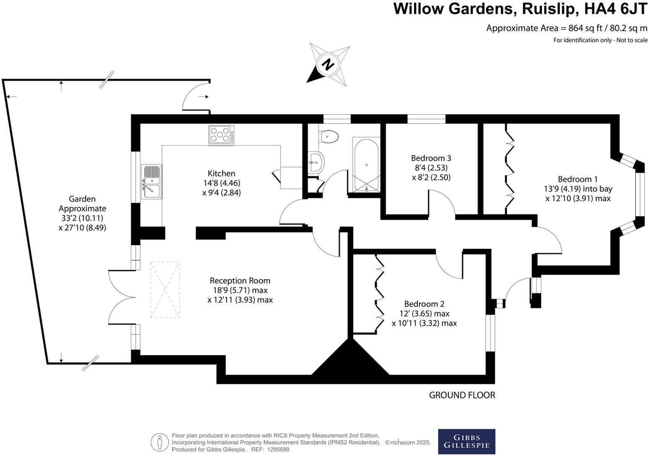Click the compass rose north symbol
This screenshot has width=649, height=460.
click(x=328, y=64)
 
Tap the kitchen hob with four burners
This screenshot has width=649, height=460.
click(x=221, y=135)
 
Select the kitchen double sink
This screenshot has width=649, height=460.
click(x=151, y=181)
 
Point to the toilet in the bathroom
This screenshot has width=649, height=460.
click(x=329, y=137)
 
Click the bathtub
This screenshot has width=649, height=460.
click(x=366, y=165)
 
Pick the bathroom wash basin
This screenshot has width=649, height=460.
click(x=316, y=162)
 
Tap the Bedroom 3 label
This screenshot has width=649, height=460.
click(x=431, y=158)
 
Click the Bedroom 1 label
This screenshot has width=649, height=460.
click(x=578, y=179)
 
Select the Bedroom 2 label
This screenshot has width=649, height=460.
click(x=424, y=304)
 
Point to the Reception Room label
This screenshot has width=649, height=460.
click(x=240, y=280)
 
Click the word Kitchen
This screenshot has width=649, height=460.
click(x=221, y=173)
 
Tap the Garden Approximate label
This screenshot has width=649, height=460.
click(x=82, y=204)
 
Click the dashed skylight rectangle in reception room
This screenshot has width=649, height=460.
click(x=165, y=290)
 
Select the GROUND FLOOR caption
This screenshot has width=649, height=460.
click(x=462, y=395)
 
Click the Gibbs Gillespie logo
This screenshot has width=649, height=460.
click(x=466, y=441)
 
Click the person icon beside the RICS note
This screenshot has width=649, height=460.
click(x=160, y=442)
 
